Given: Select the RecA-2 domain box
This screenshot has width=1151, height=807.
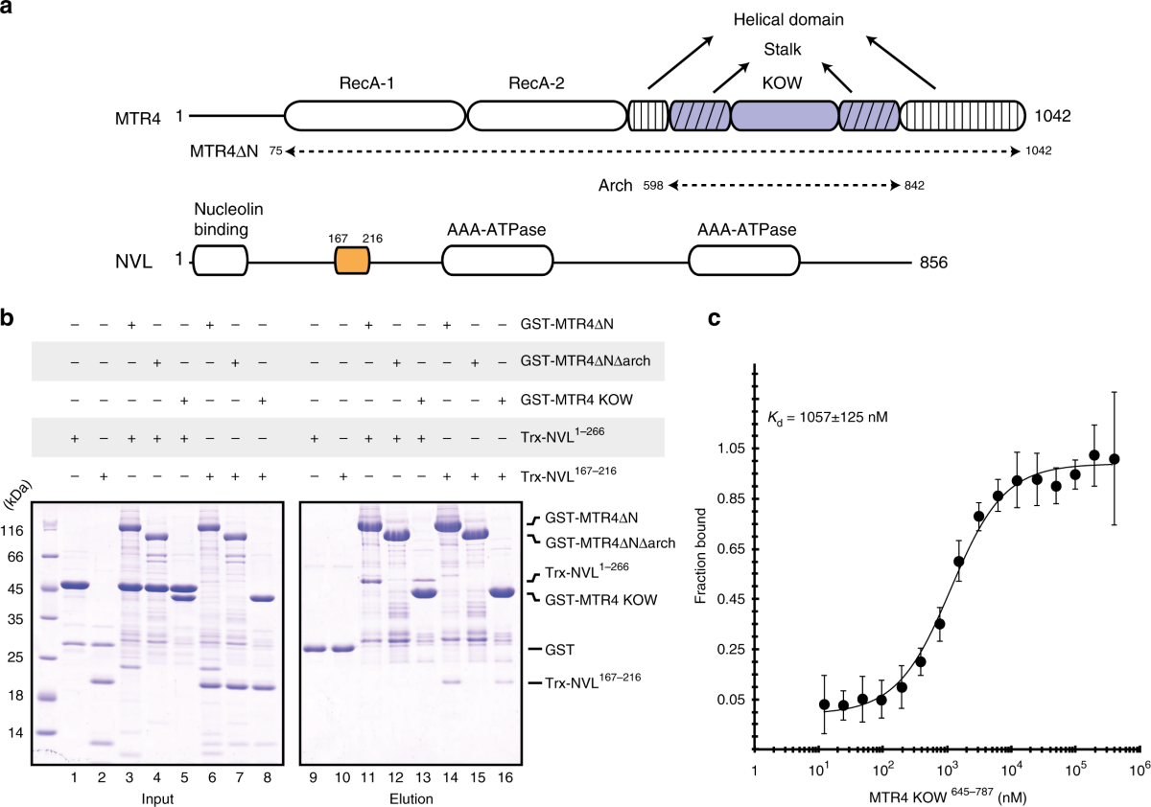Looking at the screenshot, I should pos(542,116).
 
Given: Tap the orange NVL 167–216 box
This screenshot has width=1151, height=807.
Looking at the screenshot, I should pos(352,261).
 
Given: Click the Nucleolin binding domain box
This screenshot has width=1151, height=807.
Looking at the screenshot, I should pos(221,261).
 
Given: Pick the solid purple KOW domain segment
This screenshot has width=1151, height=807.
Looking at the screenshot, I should pos(784,116).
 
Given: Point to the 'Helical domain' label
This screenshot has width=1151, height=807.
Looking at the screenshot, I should pos(787,18).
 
